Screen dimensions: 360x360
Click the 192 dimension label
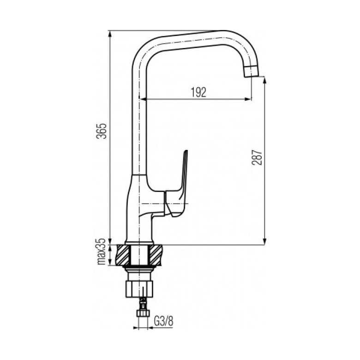pos(198,92)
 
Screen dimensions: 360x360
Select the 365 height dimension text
pos(102,131)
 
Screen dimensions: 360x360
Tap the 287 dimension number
pos(257,157)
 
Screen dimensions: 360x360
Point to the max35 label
pos(101,252)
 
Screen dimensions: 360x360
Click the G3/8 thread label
pos(163,321)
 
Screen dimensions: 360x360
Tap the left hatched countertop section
pos(123,255)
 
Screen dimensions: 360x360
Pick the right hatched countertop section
pos(156,255)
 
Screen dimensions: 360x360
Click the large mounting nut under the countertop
pos(139,288)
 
